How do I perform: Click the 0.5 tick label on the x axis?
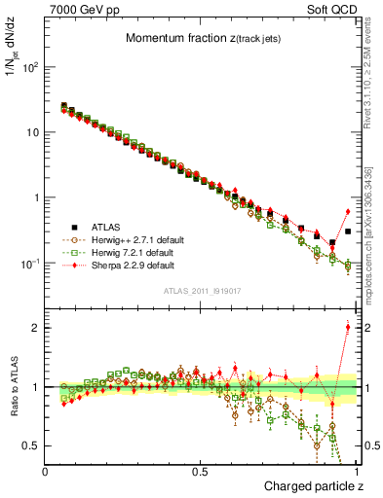click(x=201, y=471)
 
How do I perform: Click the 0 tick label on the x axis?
click(x=46, y=471)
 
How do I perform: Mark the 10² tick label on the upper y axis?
click(x=29, y=67)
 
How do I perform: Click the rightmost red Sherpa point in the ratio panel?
click(x=348, y=327)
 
